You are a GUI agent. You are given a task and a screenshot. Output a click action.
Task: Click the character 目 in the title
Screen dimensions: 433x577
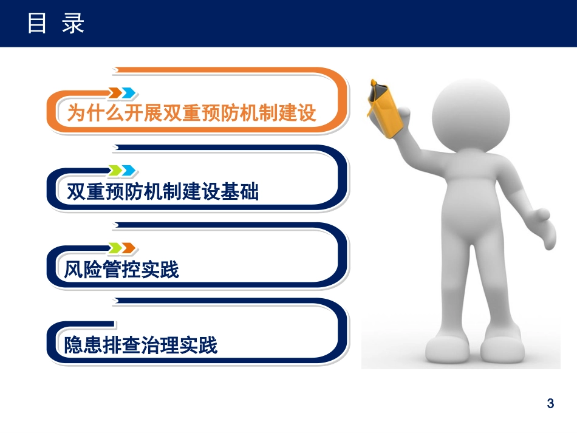pyautogui.click(x=37, y=24)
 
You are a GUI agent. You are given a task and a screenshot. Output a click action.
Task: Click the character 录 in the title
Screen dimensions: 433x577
pyautogui.click(x=73, y=24)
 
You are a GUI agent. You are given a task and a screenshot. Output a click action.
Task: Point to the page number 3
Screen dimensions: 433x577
pyautogui.click(x=550, y=403)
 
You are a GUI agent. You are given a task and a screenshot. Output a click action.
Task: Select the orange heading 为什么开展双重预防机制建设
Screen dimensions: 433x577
pyautogui.click(x=192, y=114)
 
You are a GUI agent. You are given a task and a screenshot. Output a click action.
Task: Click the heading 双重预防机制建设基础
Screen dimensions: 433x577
pyautogui.click(x=162, y=192)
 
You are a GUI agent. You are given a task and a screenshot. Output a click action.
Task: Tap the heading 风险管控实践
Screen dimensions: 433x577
pyautogui.click(x=122, y=269)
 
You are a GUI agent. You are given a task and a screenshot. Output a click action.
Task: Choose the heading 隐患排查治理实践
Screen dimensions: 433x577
pyautogui.click(x=141, y=346)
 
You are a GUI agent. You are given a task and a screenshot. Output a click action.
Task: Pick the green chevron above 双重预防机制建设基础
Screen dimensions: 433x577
pyautogui.click(x=115, y=171)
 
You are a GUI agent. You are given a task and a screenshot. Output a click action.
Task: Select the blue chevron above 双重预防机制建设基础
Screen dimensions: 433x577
pyautogui.click(x=128, y=171)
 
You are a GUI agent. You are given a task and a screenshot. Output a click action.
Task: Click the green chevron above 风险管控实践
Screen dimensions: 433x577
pyautogui.click(x=115, y=247)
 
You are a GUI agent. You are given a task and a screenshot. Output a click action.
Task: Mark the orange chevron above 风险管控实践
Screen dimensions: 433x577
pyautogui.click(x=128, y=247)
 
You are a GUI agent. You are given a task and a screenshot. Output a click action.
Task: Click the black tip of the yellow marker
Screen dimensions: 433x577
pyautogui.click(x=373, y=84)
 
